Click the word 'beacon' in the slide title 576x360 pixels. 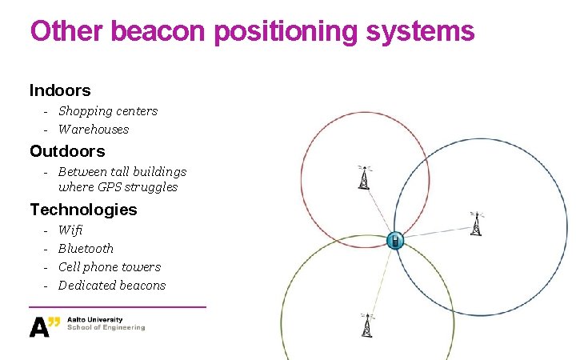(x=159, y=32)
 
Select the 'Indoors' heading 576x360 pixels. (x=60, y=90)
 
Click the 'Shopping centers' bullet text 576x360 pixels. (x=108, y=111)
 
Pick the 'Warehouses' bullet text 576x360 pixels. (x=94, y=130)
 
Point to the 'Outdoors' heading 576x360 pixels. (x=67, y=151)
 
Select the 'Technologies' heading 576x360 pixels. (x=83, y=210)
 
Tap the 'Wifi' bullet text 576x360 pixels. (x=70, y=230)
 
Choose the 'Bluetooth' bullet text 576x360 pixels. (x=86, y=249)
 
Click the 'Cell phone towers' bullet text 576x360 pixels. (x=110, y=267)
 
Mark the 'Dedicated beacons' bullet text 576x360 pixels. (x=112, y=286)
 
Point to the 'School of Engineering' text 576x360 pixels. (x=106, y=328)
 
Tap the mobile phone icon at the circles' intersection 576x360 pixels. (x=394, y=240)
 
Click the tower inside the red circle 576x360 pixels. (x=364, y=178)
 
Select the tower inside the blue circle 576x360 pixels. (x=477, y=224)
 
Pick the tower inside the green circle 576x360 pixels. (x=366, y=325)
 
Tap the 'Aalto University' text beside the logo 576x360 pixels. (x=95, y=320)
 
